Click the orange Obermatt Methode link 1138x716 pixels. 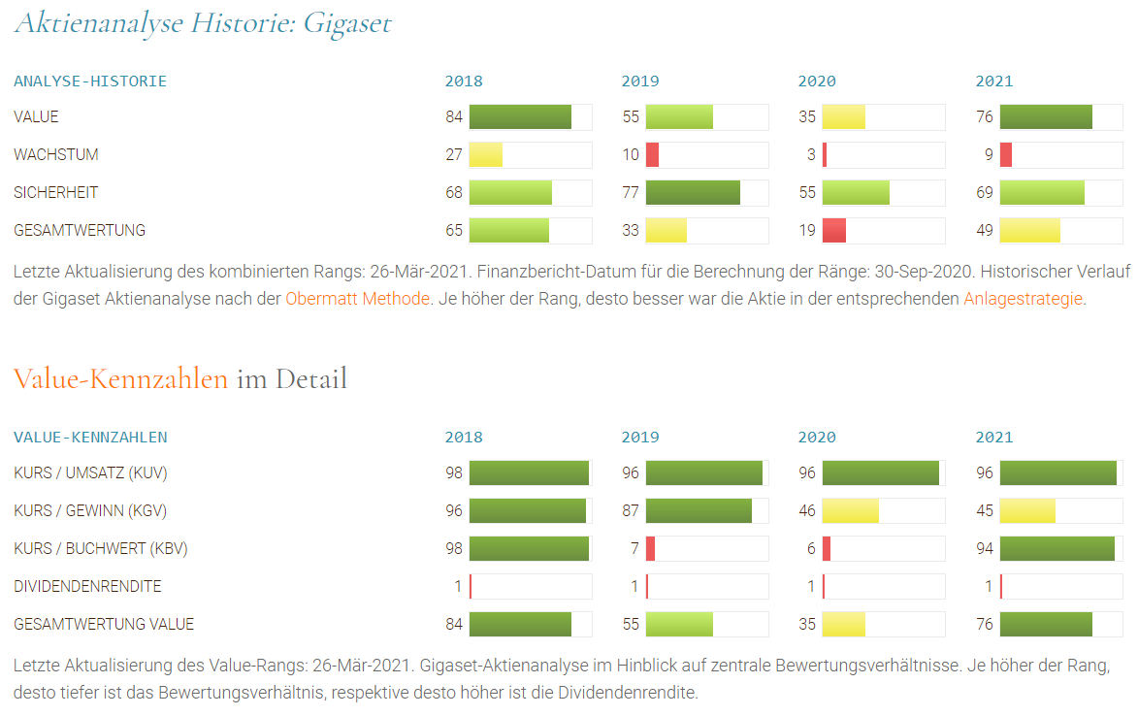pos(357,299)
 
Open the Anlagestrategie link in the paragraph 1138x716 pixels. pos(1023,299)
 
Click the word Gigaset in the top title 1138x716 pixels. pos(347,22)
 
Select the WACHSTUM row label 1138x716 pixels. pos(56,155)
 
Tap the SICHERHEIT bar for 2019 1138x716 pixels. pos(693,193)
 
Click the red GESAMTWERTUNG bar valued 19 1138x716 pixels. pos(834,231)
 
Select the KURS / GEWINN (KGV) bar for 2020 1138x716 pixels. pos(851,511)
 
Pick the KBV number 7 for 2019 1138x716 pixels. pos(634,549)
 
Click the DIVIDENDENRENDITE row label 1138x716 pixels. pos(87,587)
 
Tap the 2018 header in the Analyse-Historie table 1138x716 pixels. pos(463,81)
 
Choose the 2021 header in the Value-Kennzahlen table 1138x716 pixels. pos(993,438)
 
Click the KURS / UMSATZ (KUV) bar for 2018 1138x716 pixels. pos(529,473)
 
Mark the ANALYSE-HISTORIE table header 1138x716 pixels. pos(90,81)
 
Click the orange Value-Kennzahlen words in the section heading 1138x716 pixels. pos(121,378)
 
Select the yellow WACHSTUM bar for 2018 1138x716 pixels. pos(486,155)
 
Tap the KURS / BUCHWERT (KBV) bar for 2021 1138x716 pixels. pos(1057,549)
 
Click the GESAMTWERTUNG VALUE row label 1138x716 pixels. pos(104,625)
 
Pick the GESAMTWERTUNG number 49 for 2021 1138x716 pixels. pos(985,231)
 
